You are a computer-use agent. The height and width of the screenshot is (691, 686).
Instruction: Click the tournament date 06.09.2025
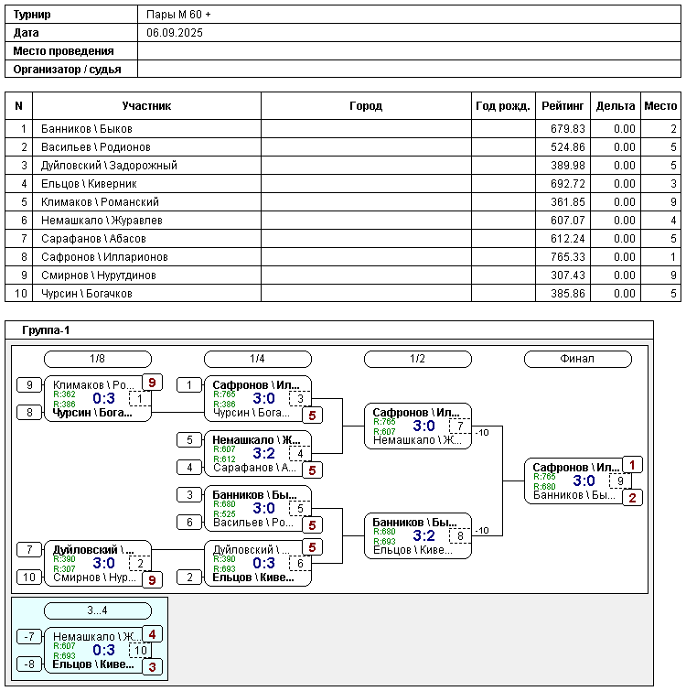point(175,32)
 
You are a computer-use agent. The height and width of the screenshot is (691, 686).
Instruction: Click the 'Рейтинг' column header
point(563,106)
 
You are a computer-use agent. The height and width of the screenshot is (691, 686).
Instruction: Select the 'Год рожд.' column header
point(503,106)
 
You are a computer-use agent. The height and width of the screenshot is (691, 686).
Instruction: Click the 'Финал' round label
point(577,359)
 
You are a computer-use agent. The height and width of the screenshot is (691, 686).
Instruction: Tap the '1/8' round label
point(98,359)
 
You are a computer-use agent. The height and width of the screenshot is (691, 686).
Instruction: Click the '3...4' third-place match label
point(98,610)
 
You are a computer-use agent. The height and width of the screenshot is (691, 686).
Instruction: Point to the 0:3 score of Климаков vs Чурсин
point(104,398)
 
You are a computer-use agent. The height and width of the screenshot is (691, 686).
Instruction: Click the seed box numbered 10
point(28,578)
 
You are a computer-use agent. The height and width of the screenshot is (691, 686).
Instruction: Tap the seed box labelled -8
point(28,664)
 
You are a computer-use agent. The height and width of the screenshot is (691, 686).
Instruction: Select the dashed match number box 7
point(460,426)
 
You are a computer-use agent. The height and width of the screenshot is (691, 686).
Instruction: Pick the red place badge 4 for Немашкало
point(153,633)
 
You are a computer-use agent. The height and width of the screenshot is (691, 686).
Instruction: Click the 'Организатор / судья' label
point(63,69)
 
